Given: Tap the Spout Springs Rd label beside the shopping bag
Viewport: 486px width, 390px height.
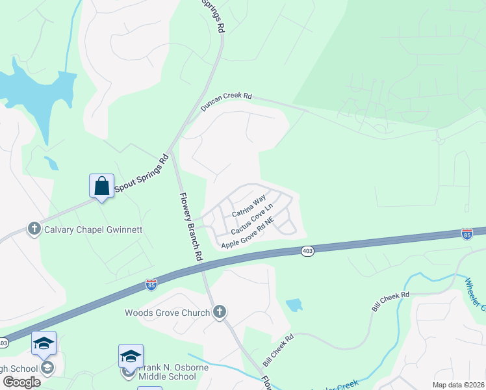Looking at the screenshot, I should coord(141,174).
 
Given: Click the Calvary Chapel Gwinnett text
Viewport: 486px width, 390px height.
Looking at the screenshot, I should coord(93,229).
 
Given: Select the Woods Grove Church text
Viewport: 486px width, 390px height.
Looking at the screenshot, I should coord(167,313).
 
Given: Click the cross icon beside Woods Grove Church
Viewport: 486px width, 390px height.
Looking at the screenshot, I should coord(220,313).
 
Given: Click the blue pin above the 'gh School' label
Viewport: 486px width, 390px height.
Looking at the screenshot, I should coord(44,343).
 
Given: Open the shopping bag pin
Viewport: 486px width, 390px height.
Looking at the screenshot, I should coord(102,186).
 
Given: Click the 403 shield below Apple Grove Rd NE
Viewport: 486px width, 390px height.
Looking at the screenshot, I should coord(308,251).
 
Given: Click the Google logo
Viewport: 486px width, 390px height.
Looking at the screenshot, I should coord(21,382).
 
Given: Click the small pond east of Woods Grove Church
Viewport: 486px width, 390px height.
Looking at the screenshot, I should coord(294,304).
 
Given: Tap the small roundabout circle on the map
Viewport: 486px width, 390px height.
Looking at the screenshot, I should coord(439,140).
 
